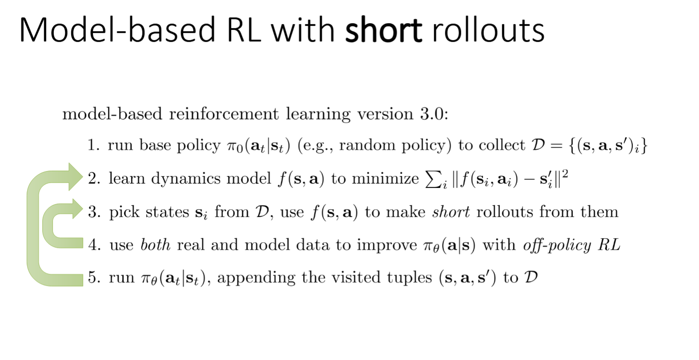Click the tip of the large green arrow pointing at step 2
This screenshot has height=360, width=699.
pos(83,177)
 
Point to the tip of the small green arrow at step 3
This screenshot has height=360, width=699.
pos(83,208)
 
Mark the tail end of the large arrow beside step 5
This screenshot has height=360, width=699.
pos(83,280)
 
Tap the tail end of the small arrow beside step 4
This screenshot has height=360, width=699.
pos(83,243)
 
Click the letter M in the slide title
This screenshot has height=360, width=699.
pos(35,30)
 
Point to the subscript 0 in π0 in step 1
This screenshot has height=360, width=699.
pos(240,149)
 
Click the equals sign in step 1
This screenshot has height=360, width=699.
pos(557,146)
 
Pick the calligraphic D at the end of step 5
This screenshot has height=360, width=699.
pos(531,277)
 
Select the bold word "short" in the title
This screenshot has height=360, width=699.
pos(383,30)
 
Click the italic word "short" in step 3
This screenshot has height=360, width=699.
pos(451,212)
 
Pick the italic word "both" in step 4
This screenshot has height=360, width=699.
pos(156,245)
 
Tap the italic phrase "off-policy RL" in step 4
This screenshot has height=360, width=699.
pos(571,245)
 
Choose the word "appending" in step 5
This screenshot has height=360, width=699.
pos(256,278)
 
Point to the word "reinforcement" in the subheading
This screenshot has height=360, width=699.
pos(224,114)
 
